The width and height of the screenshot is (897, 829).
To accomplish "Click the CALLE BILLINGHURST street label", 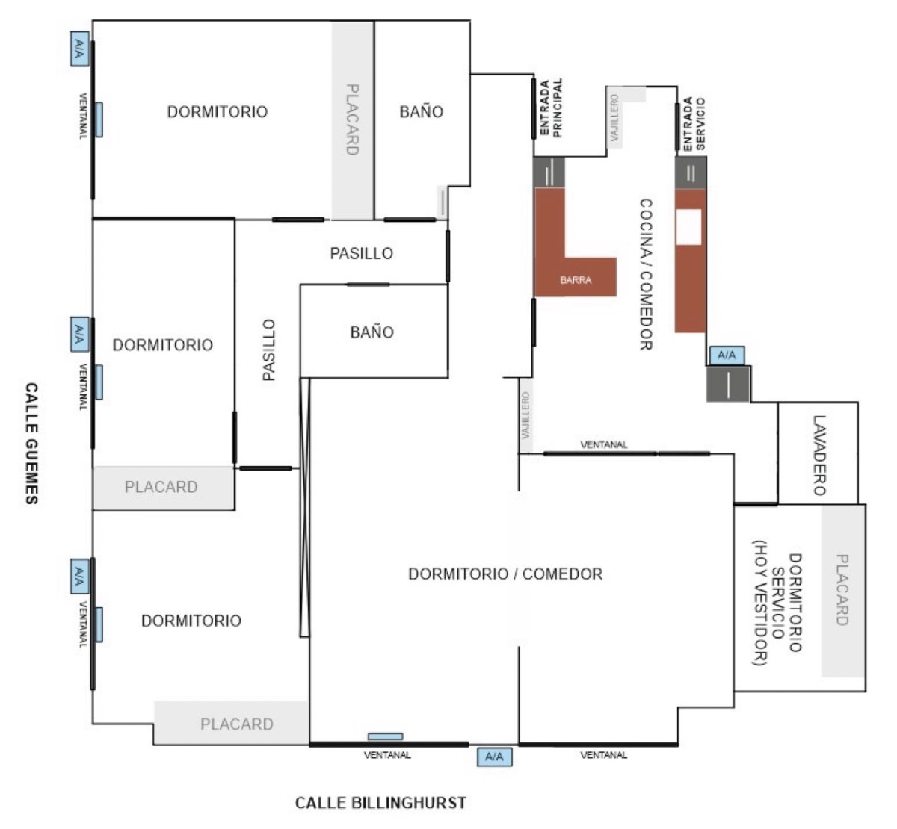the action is [x=380, y=803].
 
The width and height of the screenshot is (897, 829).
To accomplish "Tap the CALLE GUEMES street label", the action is [x=31, y=444].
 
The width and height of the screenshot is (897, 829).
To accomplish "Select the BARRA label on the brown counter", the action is [x=576, y=280].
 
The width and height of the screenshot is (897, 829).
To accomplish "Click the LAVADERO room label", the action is [x=819, y=456].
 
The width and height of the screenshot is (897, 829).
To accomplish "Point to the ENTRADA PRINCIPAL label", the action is [x=551, y=108].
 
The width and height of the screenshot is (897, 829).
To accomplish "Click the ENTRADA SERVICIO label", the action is [x=694, y=124].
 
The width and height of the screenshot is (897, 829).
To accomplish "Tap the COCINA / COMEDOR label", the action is [x=647, y=274].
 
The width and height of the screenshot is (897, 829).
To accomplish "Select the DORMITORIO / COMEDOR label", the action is [x=505, y=574].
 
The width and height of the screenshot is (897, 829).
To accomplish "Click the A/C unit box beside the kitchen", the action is [x=727, y=355].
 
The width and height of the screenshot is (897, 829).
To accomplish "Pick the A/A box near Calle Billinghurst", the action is [x=494, y=757].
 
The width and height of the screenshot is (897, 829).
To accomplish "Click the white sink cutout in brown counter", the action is [x=688, y=227].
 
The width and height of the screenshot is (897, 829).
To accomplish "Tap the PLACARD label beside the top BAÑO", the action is [x=352, y=119].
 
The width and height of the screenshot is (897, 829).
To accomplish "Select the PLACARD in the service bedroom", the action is [x=842, y=590].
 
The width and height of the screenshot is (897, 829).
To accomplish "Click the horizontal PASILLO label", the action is [x=361, y=254].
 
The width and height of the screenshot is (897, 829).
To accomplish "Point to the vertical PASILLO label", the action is [x=269, y=350].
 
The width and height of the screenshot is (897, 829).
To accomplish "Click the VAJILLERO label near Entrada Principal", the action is [x=614, y=118].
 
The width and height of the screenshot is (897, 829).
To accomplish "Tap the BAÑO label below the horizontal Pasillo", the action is [x=372, y=332].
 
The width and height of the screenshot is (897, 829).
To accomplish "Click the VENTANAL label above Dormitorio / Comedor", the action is [x=603, y=445].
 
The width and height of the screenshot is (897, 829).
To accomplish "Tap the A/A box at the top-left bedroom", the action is [x=79, y=49].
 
